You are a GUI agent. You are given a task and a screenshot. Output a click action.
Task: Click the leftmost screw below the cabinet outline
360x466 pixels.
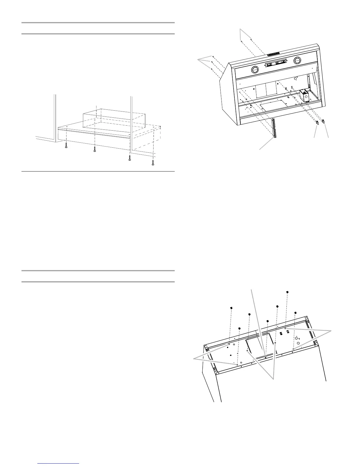pyautogui.click(x=66, y=145)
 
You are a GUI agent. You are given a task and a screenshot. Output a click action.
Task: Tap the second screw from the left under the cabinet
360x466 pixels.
pyautogui.click(x=94, y=149)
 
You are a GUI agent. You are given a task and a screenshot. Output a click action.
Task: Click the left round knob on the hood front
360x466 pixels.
pyautogui.click(x=255, y=70)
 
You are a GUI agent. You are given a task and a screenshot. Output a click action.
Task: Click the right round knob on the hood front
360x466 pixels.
pyautogui.click(x=297, y=61)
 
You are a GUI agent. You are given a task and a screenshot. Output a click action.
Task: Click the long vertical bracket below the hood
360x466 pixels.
pyautogui.click(x=274, y=128)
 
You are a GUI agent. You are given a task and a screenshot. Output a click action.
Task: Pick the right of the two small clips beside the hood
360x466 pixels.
pyautogui.click(x=324, y=121)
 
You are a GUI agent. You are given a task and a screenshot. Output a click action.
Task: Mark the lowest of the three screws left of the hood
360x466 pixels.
pyautogui.click(x=211, y=69)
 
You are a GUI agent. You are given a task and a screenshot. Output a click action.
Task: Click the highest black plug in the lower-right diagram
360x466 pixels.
pyautogui.click(x=287, y=292)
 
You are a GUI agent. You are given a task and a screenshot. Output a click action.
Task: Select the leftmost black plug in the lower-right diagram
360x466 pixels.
pyautogui.click(x=231, y=308)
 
